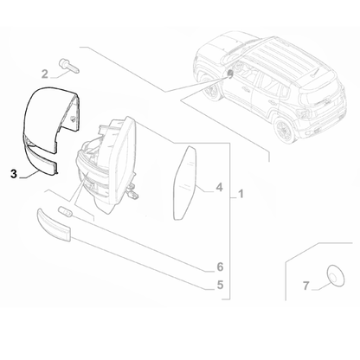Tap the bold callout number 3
[12, 173]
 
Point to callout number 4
[220, 187]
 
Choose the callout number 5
[220, 284]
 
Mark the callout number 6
[220, 266]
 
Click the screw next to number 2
[67, 63]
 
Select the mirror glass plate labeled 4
[186, 181]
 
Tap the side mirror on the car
[230, 74]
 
